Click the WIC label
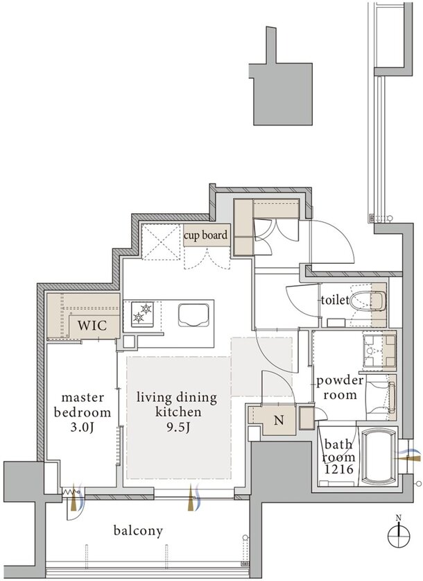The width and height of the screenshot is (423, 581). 92,326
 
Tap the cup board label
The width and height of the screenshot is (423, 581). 205,235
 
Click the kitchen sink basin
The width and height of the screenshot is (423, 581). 193,315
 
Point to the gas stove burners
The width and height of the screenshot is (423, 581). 142,314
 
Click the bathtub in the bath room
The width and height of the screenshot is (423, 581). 378,457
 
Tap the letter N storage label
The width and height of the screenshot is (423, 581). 279,420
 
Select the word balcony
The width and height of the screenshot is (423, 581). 138,531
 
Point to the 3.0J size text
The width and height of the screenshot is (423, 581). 82,428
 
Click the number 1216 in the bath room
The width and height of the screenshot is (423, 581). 338,469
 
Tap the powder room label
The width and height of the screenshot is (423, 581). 340,387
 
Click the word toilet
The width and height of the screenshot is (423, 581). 335,300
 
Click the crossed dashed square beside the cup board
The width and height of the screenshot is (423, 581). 161,242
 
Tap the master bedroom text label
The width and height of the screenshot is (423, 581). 82,405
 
